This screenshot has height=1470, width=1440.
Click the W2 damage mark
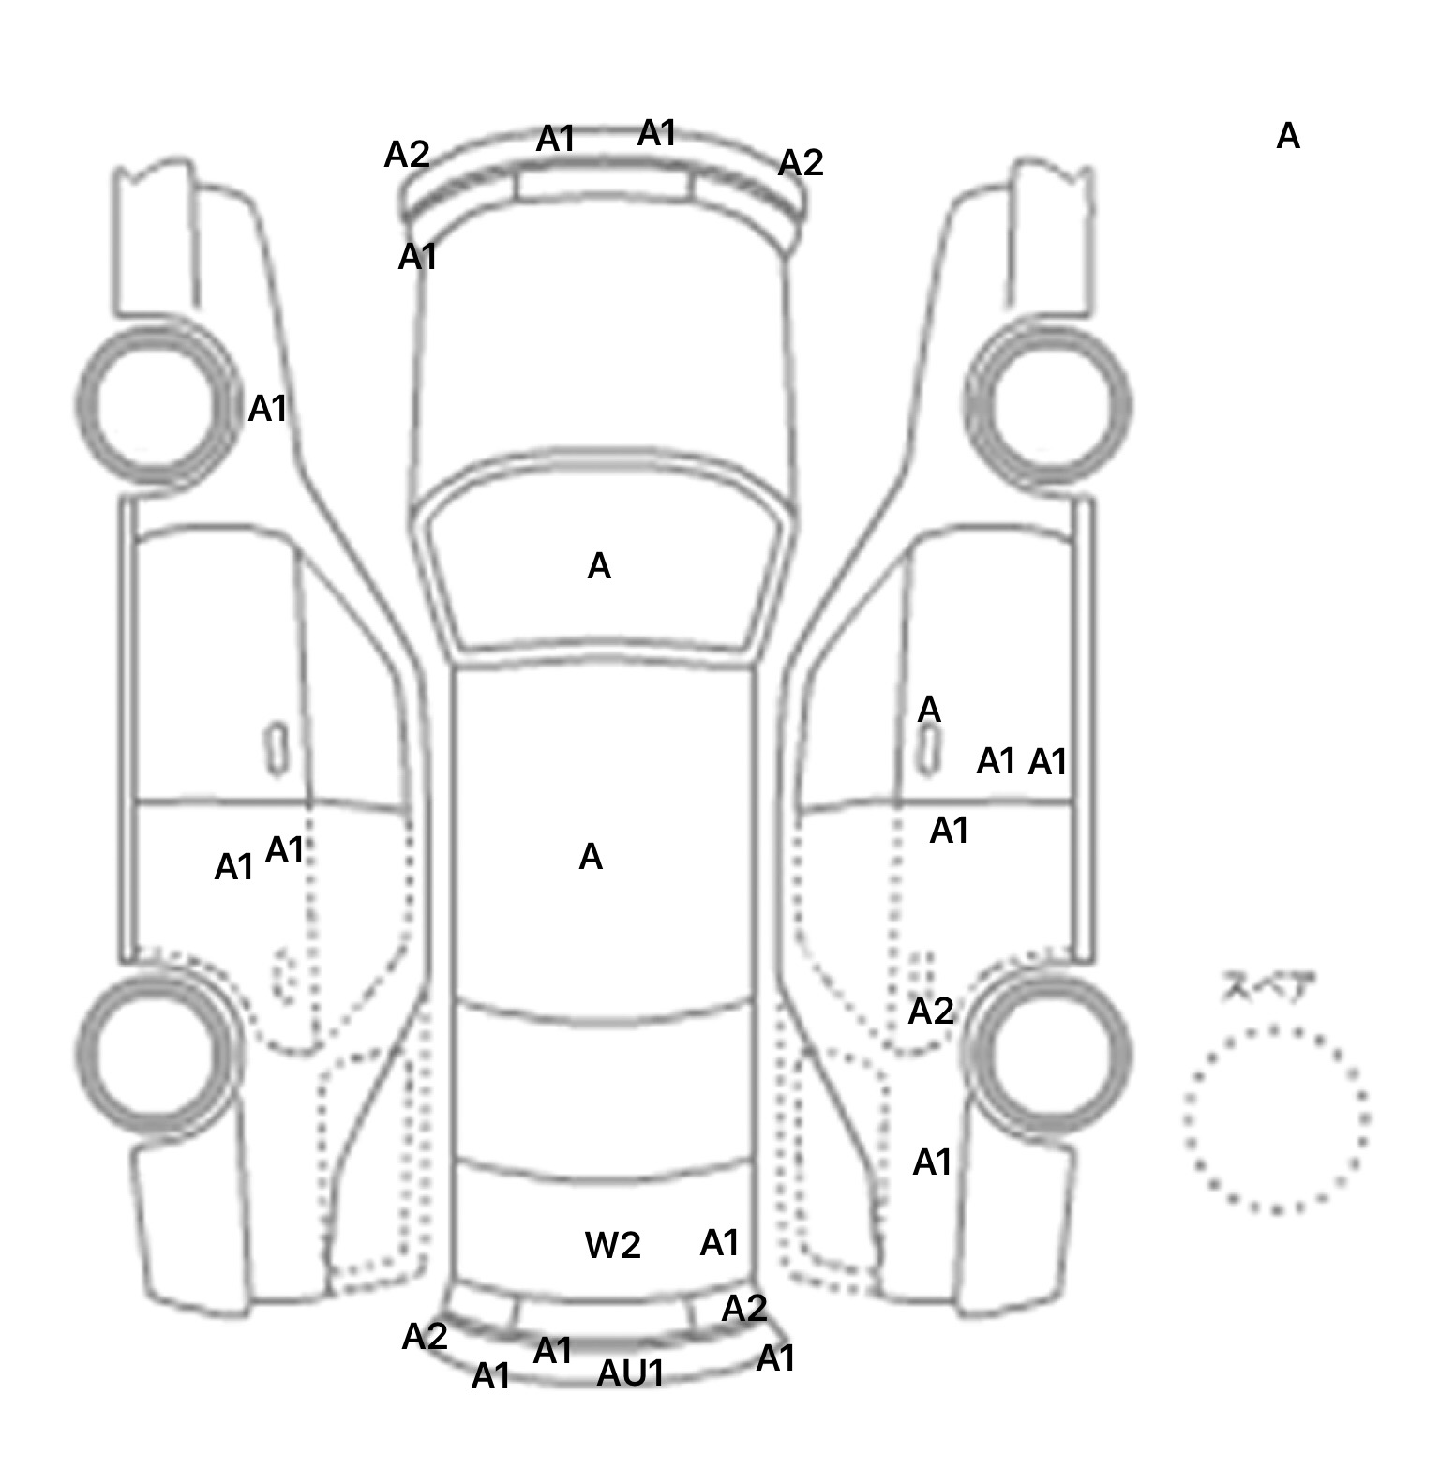(x=612, y=1245)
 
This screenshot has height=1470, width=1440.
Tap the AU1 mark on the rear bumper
(x=631, y=1373)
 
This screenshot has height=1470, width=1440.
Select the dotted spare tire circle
(x=1276, y=1119)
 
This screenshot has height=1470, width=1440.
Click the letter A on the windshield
(x=599, y=566)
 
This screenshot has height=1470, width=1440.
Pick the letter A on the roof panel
(x=591, y=857)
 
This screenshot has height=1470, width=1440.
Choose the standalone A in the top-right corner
(x=1288, y=137)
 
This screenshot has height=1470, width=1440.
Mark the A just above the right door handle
(x=928, y=710)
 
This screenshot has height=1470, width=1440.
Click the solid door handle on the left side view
(x=277, y=749)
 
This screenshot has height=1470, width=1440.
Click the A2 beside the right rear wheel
(x=931, y=1012)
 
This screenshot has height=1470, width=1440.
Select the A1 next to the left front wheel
(x=267, y=409)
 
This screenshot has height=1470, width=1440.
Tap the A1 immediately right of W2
(x=720, y=1243)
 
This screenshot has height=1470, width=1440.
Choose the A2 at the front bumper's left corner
(x=407, y=155)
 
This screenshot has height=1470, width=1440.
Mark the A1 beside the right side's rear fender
(x=932, y=1162)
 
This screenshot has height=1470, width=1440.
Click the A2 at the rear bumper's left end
(x=425, y=1337)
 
